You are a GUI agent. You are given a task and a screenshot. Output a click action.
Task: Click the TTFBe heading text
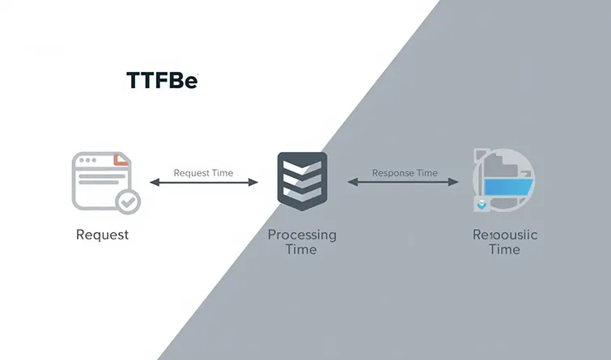pos(162,80)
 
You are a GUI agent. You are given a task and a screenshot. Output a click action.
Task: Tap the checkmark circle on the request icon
pos(127,201)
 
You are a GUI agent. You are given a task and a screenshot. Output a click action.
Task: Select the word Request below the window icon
pos(102,235)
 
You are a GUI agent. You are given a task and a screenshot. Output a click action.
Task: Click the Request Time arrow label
pos(203,172)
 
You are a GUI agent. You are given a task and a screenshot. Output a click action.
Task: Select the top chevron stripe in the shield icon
pos(302,167)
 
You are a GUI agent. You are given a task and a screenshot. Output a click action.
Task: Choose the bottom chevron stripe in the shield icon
pos(302,195)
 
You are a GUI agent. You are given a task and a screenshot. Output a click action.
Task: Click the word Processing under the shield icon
pos(302,235)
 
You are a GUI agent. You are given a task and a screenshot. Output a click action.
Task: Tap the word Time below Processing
pos(302,249)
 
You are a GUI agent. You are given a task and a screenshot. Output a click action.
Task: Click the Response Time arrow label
pos(405,172)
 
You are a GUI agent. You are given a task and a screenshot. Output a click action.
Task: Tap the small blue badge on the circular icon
pos(482,205)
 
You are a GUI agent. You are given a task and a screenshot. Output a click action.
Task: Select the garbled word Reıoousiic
pos(504,235)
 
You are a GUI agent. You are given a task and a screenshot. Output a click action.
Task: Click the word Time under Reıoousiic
pos(504,249)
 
